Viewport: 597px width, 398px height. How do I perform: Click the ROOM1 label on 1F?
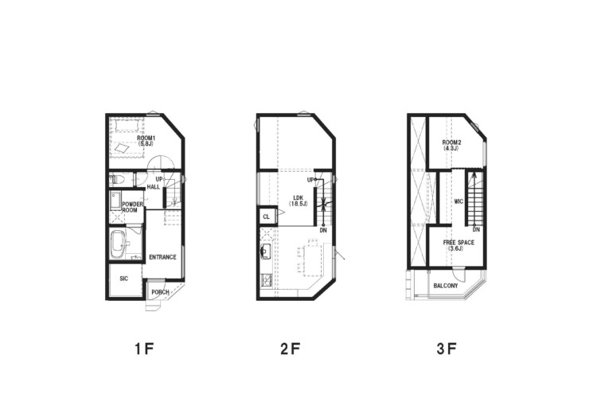click(146, 138)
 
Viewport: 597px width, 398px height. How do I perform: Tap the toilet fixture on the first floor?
click(115, 179)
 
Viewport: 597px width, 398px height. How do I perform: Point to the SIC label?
click(123, 279)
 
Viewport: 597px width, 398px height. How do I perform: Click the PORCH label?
click(160, 292)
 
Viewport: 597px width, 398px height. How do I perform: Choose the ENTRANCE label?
click(162, 257)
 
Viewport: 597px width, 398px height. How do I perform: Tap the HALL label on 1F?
click(154, 187)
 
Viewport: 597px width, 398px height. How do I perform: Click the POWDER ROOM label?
click(132, 207)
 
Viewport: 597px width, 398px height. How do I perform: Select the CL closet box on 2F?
click(267, 217)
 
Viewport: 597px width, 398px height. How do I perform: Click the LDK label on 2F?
click(298, 197)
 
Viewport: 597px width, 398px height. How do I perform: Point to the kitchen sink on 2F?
click(264, 252)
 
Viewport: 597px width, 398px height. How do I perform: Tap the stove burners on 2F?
click(265, 280)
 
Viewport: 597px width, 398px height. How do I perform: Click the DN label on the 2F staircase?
click(323, 230)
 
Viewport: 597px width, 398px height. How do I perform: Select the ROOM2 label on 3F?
click(451, 142)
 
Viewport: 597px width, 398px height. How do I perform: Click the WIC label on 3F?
click(458, 201)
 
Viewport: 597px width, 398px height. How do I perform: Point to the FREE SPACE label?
click(458, 243)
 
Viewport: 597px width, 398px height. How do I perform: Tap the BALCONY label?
click(446, 286)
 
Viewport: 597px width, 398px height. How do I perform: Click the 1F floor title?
click(144, 349)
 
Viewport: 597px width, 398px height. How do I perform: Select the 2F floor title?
click(291, 349)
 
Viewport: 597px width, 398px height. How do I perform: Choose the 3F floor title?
click(447, 349)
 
